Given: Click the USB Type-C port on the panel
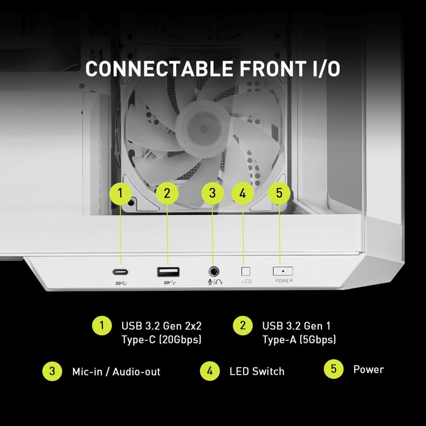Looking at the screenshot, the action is point(120,272).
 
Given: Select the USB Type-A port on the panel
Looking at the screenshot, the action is point(168,272).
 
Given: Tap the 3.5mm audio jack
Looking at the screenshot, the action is point(214,271).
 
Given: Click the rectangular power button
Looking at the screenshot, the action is point(283,271).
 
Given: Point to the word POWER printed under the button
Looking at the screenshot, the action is point(284,281).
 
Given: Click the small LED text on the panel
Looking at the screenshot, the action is point(247,282).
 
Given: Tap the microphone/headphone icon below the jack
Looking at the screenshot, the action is point(215,282).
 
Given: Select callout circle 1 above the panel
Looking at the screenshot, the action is point(120,193).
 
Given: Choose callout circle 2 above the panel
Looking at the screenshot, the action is point(167,193).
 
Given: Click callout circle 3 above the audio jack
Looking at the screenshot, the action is point(213,193).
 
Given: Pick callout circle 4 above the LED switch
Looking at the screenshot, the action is point(243,193).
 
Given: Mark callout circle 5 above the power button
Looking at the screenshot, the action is point(279,193).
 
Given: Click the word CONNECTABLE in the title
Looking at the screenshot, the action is point(159,69).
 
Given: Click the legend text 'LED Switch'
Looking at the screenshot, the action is point(257,372).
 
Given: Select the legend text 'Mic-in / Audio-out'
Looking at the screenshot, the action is point(116,372).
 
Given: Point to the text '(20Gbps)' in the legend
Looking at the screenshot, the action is point(180,340).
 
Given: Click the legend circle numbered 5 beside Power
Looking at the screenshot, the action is point(334,369).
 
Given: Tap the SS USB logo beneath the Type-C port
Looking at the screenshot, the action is point(121,283).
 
